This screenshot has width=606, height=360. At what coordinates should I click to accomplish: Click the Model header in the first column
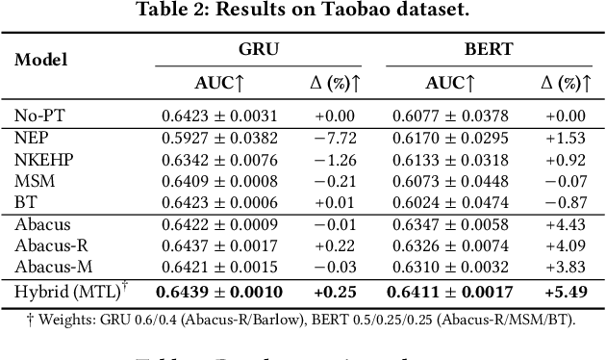[x=40, y=60]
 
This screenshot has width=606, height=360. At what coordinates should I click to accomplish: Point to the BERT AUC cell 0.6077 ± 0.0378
[x=458, y=115]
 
